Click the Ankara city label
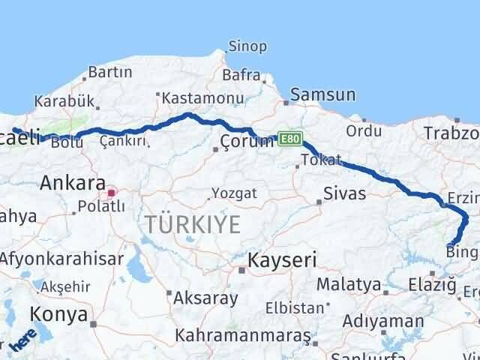[72, 182]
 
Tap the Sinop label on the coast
[247, 46]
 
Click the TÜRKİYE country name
[193, 223]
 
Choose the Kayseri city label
[282, 260]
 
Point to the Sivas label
[344, 194]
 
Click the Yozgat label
[234, 193]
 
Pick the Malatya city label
[349, 284]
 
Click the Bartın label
[110, 72]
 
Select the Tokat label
[321, 160]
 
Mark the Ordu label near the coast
[364, 131]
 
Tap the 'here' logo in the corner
[24, 340]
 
